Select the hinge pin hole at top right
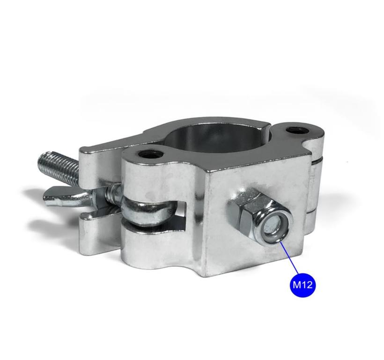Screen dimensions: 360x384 [x=295, y=129]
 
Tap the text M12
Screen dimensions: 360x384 [x=303, y=284]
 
